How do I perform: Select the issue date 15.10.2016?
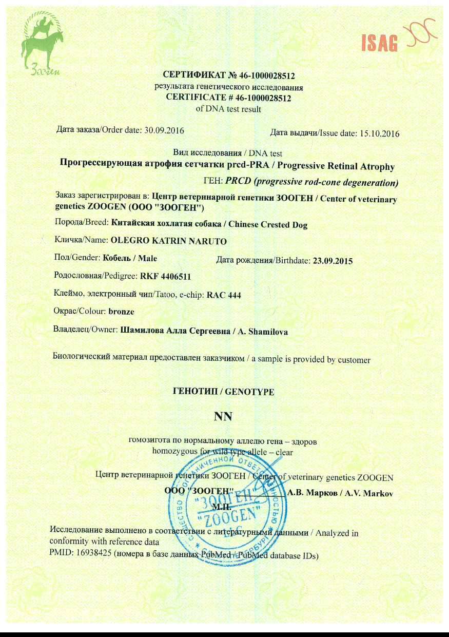[380, 134]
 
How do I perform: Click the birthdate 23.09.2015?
[333, 261]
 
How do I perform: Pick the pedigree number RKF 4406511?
[166, 277]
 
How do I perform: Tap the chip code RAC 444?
[224, 295]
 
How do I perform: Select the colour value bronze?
[122, 312]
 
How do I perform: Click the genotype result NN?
[224, 416]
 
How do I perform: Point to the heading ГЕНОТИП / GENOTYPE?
[224, 392]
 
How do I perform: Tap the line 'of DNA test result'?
[229, 109]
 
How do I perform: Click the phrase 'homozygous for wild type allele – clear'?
[223, 452]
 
